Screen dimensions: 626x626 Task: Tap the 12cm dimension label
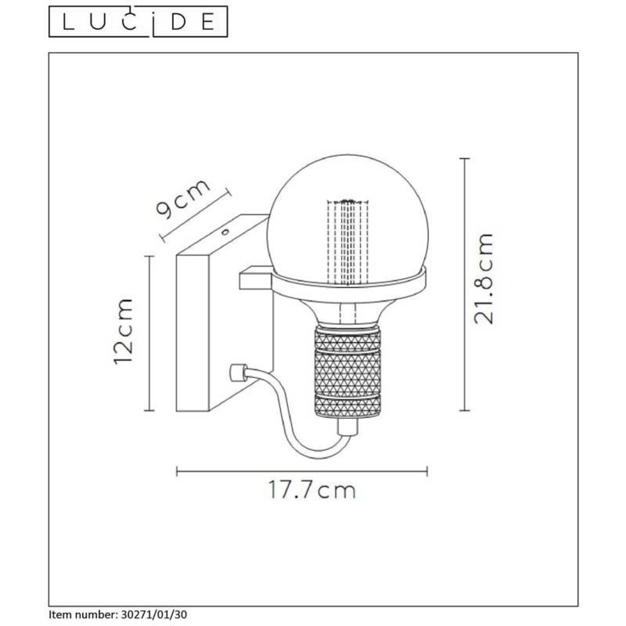point(124,332)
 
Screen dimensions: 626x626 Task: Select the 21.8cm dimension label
point(484,278)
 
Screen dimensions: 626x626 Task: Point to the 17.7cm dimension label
point(312,490)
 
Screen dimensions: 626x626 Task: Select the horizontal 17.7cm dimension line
point(302,470)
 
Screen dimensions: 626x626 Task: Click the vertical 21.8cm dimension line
point(464,285)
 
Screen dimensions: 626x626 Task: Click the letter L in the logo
point(65,22)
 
